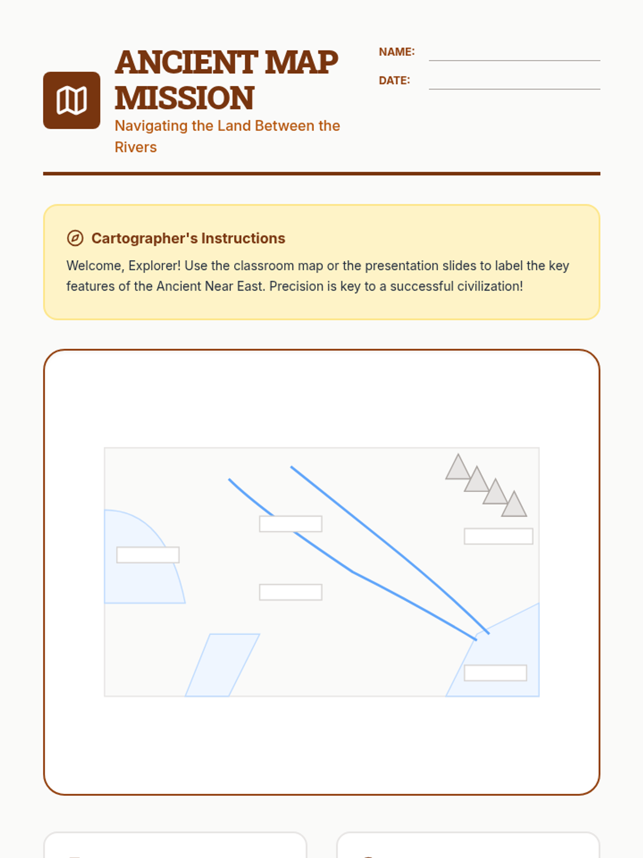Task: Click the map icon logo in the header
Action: click(x=71, y=100)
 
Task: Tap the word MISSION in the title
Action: click(x=184, y=98)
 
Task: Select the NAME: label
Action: click(x=397, y=52)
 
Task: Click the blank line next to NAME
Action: click(x=514, y=60)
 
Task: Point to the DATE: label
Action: click(x=394, y=80)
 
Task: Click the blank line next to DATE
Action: click(x=514, y=89)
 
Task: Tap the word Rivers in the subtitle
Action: click(x=136, y=147)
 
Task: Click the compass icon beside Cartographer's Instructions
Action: click(x=75, y=238)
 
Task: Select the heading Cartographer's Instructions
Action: click(x=188, y=238)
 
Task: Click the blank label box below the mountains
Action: click(x=498, y=536)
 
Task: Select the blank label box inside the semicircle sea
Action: click(x=148, y=555)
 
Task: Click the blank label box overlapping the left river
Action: click(x=291, y=524)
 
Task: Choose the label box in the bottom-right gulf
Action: click(x=496, y=673)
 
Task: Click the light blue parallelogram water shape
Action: click(x=222, y=665)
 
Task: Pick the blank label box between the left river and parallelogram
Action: click(x=291, y=592)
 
